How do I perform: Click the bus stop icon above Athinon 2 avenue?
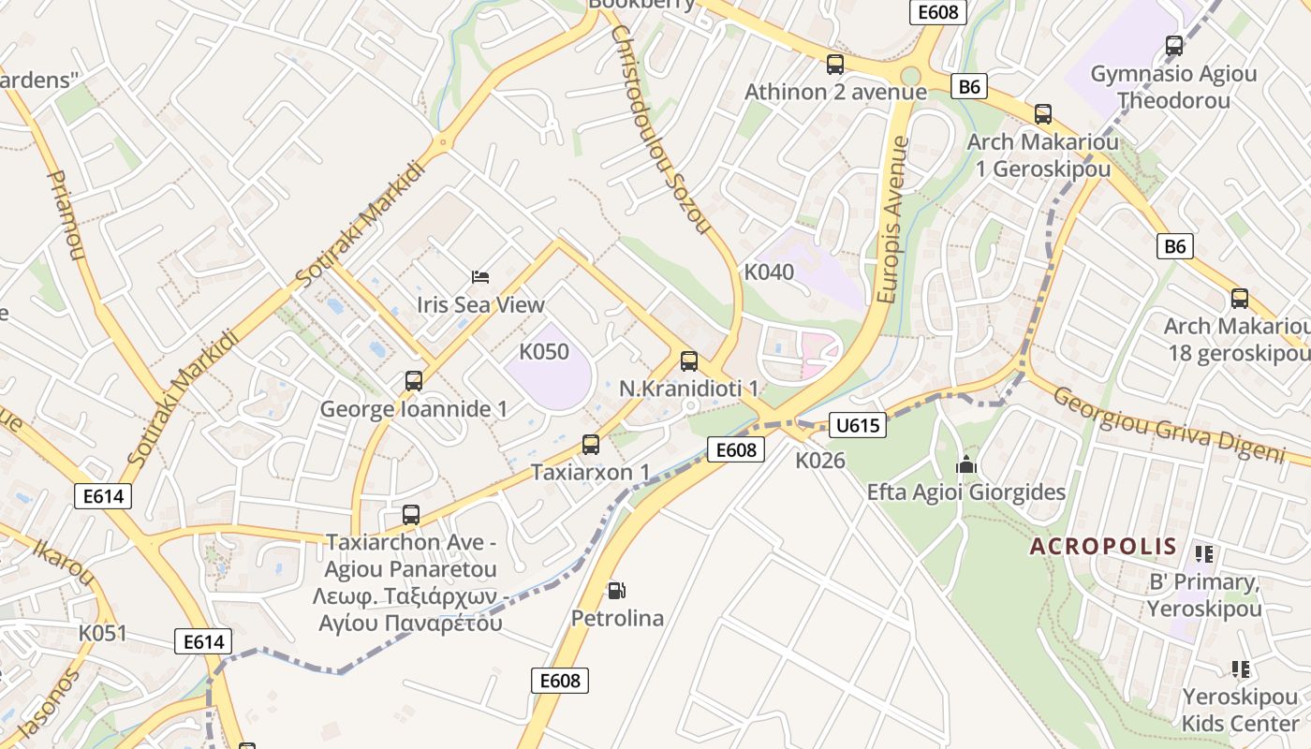[835, 65]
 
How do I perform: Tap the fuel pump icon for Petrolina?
[616, 591]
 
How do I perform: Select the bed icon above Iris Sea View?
[480, 276]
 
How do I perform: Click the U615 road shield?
[857, 425]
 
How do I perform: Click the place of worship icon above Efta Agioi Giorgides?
[965, 464]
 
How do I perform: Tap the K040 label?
[769, 272]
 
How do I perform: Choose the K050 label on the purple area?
[544, 352]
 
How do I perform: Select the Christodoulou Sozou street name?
[661, 129]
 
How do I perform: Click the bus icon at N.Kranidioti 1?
[689, 360]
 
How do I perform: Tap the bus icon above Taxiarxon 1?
[590, 445]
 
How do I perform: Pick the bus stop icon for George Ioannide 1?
[414, 381]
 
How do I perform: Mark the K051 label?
[102, 633]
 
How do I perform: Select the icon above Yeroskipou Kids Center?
[1241, 669]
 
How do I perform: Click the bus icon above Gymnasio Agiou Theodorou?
[1173, 46]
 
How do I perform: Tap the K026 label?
[820, 461]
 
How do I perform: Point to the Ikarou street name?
[66, 560]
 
